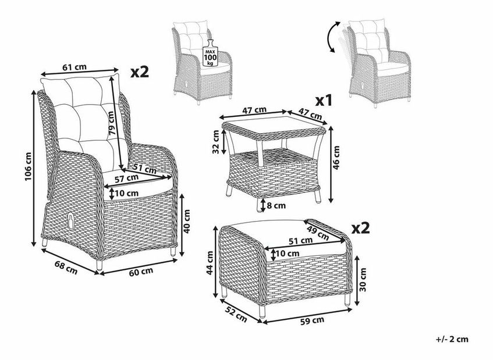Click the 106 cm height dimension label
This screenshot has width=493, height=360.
click(29, 166)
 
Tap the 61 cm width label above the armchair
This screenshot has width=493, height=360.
click(74, 67)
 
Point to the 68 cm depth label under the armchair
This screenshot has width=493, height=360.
click(66, 268)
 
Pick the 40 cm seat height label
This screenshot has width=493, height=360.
click(187, 221)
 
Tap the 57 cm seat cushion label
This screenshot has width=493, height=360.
click(126, 179)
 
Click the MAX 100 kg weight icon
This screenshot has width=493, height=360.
click(210, 53)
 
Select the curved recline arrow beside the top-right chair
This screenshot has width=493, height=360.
click(330, 36)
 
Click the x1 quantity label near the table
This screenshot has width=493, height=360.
click(324, 101)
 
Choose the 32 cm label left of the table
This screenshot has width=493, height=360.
click(215, 142)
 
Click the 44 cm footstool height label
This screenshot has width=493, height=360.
click(210, 263)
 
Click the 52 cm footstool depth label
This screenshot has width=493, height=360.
click(236, 315)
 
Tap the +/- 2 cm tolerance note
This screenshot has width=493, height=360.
click(452, 339)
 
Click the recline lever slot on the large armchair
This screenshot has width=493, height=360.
click(72, 222)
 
